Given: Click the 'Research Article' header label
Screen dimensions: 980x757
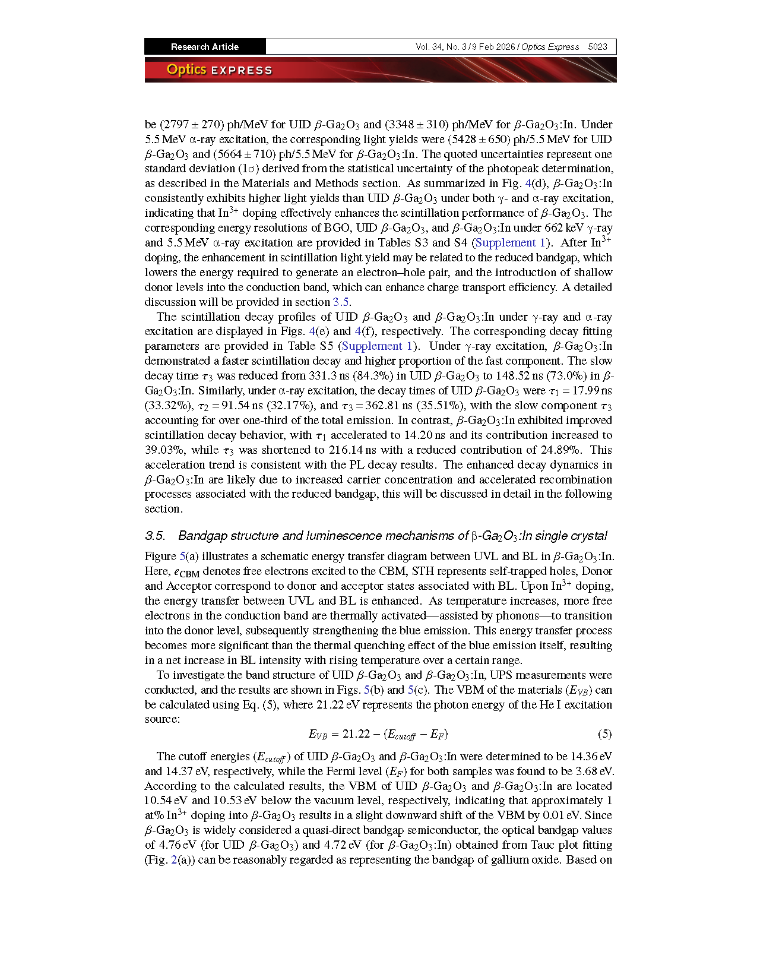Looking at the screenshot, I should [x=204, y=47].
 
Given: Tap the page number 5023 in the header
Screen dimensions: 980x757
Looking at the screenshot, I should [x=597, y=47].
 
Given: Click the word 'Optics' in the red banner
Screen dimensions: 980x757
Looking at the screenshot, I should [x=186, y=69].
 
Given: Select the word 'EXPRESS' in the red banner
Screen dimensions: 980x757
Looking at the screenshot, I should [x=242, y=71].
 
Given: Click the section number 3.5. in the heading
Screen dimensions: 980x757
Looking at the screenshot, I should [x=155, y=536].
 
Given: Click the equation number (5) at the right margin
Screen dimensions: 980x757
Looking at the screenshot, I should [x=604, y=734].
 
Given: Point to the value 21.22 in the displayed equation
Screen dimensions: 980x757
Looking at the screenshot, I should [x=356, y=734].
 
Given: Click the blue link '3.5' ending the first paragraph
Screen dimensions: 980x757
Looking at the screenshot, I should [x=340, y=302].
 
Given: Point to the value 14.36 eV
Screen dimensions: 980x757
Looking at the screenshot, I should [x=591, y=757].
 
